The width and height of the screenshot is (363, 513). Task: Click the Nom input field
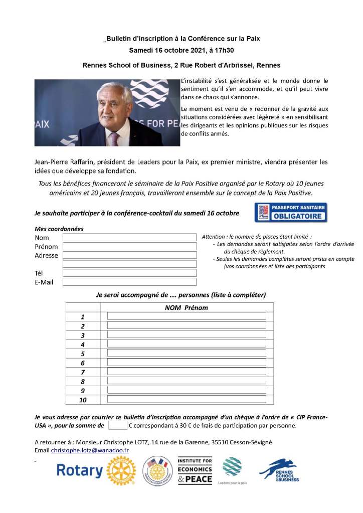129,237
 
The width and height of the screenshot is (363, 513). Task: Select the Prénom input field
129,246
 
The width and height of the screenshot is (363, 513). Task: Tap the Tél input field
129,273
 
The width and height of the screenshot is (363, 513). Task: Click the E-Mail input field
129,282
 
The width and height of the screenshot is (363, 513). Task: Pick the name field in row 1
187,316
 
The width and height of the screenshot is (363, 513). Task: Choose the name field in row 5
187,353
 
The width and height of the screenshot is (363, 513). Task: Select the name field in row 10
187,399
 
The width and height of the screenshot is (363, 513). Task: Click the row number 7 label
83,372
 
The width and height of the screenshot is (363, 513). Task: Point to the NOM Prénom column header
186,307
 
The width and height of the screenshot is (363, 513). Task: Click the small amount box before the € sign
118,426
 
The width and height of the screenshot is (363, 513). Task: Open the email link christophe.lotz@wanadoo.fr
90,450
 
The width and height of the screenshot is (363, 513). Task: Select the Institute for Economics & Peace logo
195,470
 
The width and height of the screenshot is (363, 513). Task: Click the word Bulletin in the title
120,38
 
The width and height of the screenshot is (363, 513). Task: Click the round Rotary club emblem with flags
157,471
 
